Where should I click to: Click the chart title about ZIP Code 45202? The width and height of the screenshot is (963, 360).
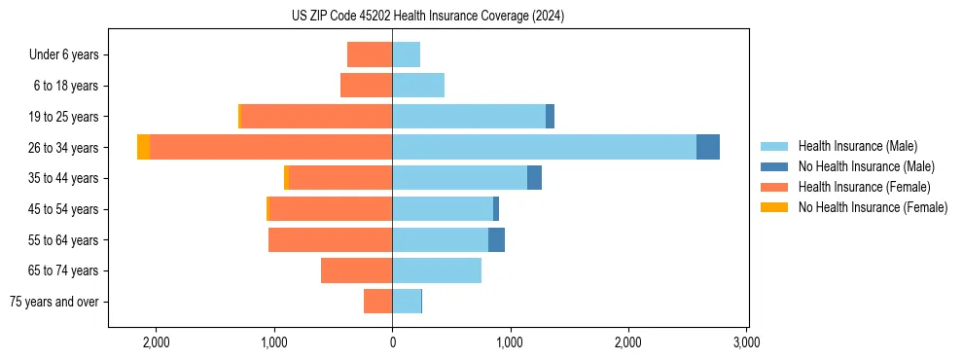pyautogui.click(x=481, y=16)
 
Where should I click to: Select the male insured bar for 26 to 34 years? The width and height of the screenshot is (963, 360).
pyautogui.click(x=544, y=147)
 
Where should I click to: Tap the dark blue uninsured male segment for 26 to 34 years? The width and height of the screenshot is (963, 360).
pyautogui.click(x=708, y=147)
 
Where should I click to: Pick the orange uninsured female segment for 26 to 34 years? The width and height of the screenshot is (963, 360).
pyautogui.click(x=143, y=147)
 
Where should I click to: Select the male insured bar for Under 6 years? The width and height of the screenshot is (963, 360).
pyautogui.click(x=407, y=54)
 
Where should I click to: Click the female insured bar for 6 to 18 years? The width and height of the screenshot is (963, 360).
pyautogui.click(x=366, y=86)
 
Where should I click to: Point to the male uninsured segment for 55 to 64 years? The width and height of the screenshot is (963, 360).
pyautogui.click(x=496, y=239)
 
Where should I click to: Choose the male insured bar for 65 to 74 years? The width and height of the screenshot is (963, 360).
pyautogui.click(x=437, y=270)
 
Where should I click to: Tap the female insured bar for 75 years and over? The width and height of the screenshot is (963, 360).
pyautogui.click(x=377, y=302)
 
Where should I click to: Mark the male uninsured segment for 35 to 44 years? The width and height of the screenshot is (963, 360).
pyautogui.click(x=534, y=178)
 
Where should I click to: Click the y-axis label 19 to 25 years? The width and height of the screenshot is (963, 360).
pyautogui.click(x=63, y=117)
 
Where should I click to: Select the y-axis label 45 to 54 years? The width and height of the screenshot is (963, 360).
pyautogui.click(x=63, y=209)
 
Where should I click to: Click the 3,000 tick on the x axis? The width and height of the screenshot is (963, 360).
pyautogui.click(x=746, y=342)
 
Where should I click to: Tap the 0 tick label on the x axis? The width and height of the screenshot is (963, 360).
pyautogui.click(x=392, y=342)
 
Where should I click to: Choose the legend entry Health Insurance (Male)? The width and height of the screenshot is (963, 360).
pyautogui.click(x=851, y=146)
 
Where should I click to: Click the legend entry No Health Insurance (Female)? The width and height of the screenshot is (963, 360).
pyautogui.click(x=872, y=207)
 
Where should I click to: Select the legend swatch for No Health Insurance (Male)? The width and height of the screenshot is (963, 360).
pyautogui.click(x=773, y=166)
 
